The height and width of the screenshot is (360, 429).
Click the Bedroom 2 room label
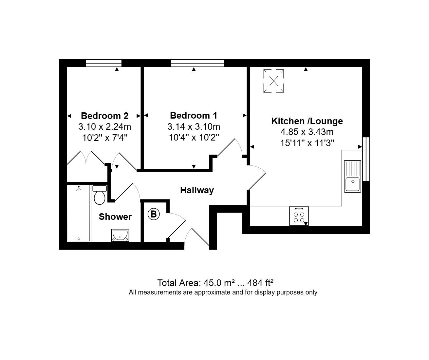coord(104,116)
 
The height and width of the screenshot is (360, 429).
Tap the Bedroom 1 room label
coord(194,116)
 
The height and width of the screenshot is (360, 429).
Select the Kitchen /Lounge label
coord(307,121)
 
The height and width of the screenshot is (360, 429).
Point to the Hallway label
coord(197,190)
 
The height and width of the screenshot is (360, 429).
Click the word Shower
coord(115,217)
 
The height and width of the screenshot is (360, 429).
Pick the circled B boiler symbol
coord(154,214)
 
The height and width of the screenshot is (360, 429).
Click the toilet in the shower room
coord(100,195)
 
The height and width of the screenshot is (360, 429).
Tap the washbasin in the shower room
coord(120,235)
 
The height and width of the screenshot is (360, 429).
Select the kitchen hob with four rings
coord(299,216)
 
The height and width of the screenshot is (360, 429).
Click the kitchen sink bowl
coord(353,184)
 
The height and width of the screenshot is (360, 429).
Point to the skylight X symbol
coord(274,81)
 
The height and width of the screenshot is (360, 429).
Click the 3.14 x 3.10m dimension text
coord(194,126)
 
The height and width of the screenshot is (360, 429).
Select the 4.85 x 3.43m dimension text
coord(307,132)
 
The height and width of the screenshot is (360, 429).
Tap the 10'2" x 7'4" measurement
coord(105,138)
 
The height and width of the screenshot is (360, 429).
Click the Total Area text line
coord(215,283)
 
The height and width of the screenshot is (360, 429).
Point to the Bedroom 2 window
coord(103,63)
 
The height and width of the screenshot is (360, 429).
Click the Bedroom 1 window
coord(197,63)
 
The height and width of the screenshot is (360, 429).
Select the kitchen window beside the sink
coord(366,159)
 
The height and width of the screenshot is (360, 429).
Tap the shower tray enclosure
coord(79,213)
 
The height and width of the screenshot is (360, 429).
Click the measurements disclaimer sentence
coord(223,292)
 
